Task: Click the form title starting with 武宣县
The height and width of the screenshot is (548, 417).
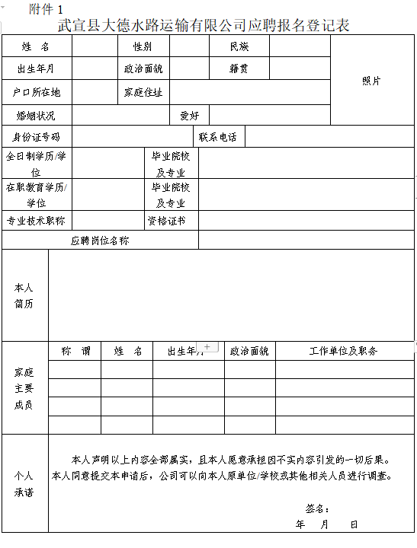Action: click(x=208, y=25)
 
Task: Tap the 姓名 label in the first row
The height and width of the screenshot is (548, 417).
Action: click(x=36, y=47)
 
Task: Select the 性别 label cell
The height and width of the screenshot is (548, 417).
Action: click(x=143, y=47)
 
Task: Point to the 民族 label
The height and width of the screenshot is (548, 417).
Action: click(x=239, y=47)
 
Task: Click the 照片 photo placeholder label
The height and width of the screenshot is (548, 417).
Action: click(x=372, y=81)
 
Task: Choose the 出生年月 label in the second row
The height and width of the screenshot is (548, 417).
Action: click(x=36, y=69)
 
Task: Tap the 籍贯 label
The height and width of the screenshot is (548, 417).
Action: click(x=239, y=69)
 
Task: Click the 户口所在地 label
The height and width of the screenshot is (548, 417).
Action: click(x=37, y=92)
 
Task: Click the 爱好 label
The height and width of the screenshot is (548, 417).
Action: click(x=189, y=116)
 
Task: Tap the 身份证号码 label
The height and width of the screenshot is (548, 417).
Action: click(x=37, y=138)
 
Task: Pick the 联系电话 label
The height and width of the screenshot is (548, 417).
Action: click(x=218, y=138)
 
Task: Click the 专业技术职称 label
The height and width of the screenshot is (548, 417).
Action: click(x=36, y=221)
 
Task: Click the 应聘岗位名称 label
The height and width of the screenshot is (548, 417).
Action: click(x=100, y=241)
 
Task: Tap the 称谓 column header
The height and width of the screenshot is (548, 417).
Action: click(x=75, y=351)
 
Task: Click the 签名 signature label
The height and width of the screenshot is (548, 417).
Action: click(x=317, y=508)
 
